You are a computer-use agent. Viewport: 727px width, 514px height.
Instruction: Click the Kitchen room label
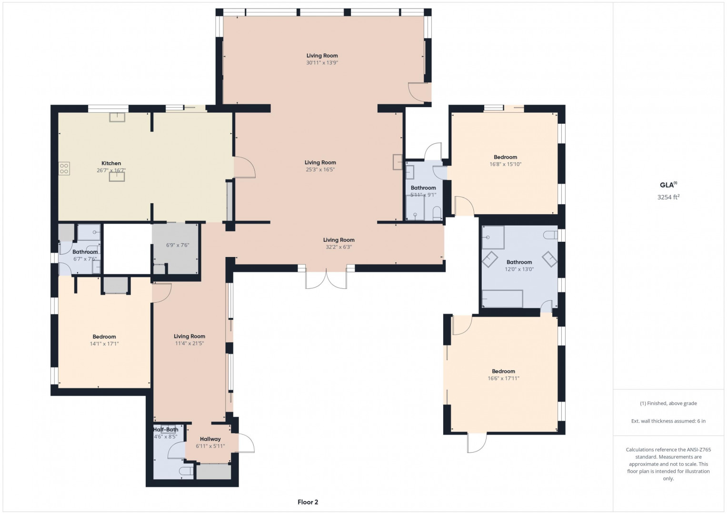tap(111, 163)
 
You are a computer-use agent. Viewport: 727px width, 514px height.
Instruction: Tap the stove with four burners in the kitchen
tap(64, 168)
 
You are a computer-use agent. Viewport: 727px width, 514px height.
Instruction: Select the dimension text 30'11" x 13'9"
tap(322, 63)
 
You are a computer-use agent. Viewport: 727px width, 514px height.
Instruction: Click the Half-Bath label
tap(166, 429)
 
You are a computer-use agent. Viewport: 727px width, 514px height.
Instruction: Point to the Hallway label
tap(210, 439)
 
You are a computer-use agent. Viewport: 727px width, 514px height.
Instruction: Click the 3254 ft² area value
tap(668, 197)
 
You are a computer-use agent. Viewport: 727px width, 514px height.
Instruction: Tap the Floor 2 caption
tap(308, 502)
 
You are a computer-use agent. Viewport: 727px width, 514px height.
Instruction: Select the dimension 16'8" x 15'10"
tap(505, 164)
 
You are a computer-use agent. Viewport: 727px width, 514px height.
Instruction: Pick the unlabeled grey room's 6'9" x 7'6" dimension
tap(178, 245)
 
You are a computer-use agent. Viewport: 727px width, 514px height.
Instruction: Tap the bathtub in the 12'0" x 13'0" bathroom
tap(502, 298)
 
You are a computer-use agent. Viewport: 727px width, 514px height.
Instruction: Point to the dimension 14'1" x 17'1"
tap(104, 344)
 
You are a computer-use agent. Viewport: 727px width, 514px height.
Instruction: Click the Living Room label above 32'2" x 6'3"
tap(339, 240)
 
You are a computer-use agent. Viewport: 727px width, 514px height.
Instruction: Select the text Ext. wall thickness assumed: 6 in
tap(668, 421)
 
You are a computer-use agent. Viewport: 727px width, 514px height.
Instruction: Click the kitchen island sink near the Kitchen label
tap(117, 177)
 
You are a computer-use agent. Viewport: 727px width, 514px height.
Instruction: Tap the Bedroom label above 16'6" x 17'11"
tap(503, 371)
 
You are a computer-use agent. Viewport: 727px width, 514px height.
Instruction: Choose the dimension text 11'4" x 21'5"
tap(189, 343)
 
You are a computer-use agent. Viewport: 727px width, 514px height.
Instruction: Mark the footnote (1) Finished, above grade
tap(668, 404)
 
